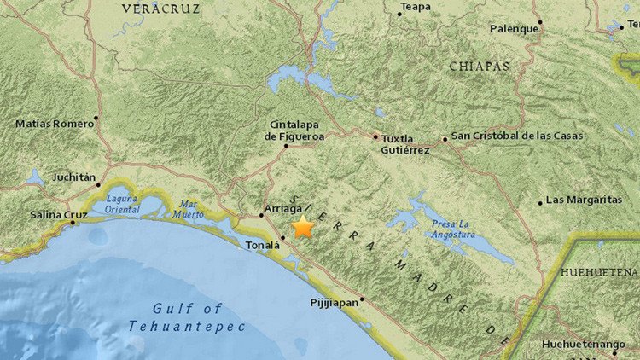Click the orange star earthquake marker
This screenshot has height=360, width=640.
303,227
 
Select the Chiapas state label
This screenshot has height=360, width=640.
478,66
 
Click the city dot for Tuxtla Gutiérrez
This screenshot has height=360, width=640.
375,136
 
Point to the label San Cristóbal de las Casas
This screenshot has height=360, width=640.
517,136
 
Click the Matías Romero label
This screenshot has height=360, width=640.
55,124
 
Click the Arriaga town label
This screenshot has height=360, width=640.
284,208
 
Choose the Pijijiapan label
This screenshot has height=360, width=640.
333,303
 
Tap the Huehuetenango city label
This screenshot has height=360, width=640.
584,345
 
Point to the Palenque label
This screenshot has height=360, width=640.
514,28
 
